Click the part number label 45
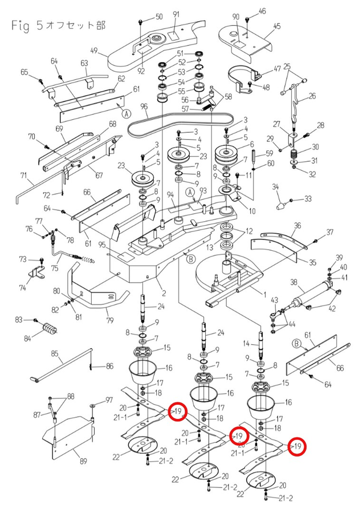point(278,26)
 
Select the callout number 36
point(297,226)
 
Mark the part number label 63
point(84,63)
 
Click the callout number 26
point(311,96)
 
